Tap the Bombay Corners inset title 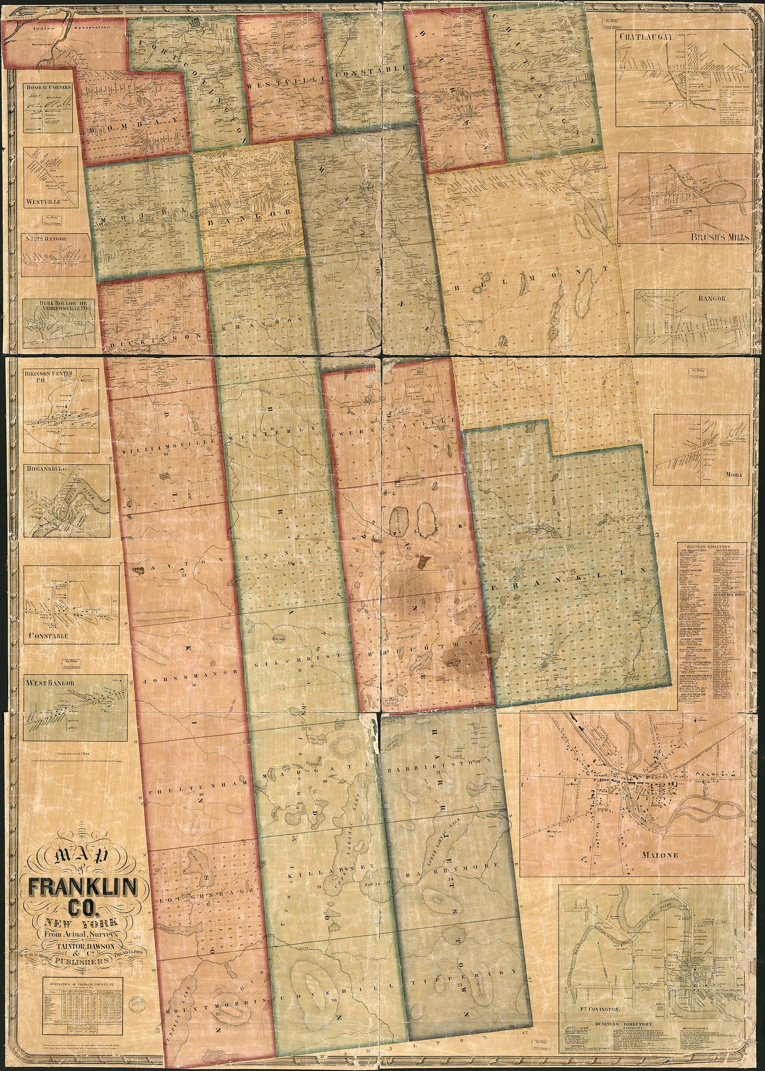click(49, 87)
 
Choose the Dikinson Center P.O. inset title click(53, 376)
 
